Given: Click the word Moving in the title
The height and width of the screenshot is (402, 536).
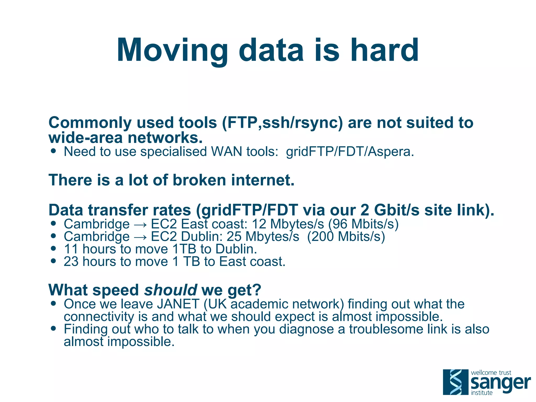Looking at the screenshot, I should (172, 50).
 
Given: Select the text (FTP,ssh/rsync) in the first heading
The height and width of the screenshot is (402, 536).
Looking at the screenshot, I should (282, 123).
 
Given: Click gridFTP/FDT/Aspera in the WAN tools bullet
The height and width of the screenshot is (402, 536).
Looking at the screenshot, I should (350, 152).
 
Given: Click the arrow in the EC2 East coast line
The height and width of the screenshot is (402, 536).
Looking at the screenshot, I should (140, 224).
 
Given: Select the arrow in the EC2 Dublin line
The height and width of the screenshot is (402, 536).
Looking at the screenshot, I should (140, 237).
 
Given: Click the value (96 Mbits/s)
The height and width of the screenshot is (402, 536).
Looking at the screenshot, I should (363, 224).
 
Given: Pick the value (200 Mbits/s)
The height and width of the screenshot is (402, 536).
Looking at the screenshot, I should (346, 236).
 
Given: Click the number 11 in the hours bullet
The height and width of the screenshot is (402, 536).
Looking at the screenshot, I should (71, 249).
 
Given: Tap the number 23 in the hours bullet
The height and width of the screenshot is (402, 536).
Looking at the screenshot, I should (71, 262).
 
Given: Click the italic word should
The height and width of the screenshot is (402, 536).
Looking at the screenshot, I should (171, 290).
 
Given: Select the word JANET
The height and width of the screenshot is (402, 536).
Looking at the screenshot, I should (178, 304).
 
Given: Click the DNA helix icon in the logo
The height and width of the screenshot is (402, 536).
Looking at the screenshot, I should (455, 382).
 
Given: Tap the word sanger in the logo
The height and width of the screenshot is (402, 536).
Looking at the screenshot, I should (500, 383).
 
